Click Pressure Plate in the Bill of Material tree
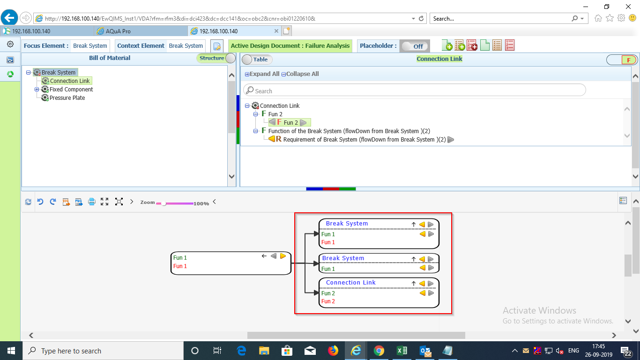[x=67, y=98]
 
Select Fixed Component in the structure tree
[x=71, y=89]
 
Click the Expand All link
[x=262, y=74]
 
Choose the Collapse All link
[x=300, y=74]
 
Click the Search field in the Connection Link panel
[x=414, y=90]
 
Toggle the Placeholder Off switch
[x=415, y=46]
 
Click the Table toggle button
[x=257, y=60]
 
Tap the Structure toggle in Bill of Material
[x=216, y=58]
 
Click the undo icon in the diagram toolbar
[x=40, y=202]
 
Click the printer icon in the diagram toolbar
[x=92, y=202]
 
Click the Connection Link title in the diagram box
[x=350, y=283]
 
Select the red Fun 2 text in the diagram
[x=328, y=301]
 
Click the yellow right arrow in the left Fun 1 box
[x=283, y=256]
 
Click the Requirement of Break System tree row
[x=365, y=140]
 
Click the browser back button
[x=9, y=18]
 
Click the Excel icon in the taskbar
[x=402, y=351]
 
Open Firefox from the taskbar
[x=333, y=351]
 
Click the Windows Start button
[x=11, y=351]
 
